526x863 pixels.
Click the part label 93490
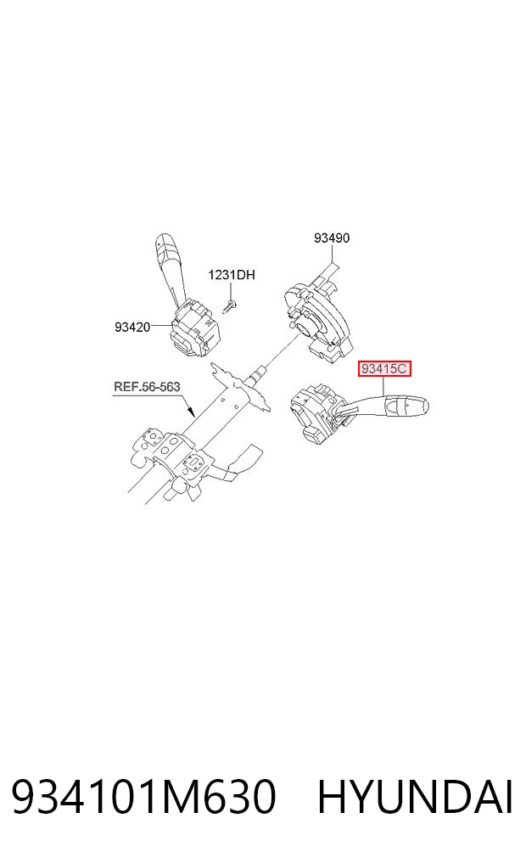click(x=331, y=238)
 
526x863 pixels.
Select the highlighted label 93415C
click(x=384, y=368)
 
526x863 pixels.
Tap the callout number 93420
click(x=132, y=327)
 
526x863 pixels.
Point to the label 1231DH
click(x=231, y=274)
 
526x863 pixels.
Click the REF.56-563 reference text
click(x=147, y=386)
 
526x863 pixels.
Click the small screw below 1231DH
click(x=229, y=306)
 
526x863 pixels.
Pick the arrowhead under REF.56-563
click(x=191, y=411)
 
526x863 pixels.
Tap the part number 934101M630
click(x=143, y=797)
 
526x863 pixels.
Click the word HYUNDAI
click(x=416, y=797)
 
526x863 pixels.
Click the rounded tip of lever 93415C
click(x=422, y=407)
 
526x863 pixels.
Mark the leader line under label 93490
click(x=333, y=259)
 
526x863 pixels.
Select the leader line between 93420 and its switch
click(x=162, y=327)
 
